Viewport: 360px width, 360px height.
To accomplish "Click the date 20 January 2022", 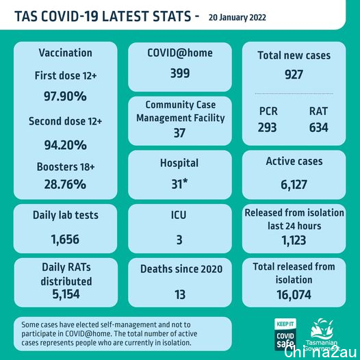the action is pos(237,18).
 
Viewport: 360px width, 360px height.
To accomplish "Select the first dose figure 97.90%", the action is pos(65,96).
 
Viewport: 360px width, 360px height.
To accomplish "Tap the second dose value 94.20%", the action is pos(66,145).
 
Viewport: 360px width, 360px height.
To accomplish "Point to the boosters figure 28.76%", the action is pos(65,184).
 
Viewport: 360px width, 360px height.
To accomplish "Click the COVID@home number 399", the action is pos(180,73).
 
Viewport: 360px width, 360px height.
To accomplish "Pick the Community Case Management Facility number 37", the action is pos(179,133).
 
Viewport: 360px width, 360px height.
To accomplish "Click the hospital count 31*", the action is pos(179,183).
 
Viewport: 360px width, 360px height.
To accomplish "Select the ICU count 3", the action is pos(179,240).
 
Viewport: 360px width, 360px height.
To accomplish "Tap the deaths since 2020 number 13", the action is pos(180,294).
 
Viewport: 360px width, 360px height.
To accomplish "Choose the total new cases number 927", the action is pos(294,75).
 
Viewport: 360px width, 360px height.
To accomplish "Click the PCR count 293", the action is pos(267,127).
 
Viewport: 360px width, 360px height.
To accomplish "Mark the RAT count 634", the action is pos(319,127).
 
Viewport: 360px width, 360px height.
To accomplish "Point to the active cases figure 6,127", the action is pos(294,185).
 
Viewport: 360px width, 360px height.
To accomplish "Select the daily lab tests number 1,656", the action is pos(65,240).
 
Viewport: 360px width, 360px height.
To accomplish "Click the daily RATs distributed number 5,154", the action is pos(66,294).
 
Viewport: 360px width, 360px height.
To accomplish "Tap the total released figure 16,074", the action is pos(294,294).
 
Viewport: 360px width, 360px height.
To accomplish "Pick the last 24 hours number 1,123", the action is pos(294,240).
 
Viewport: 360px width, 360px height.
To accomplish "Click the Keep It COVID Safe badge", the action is pos(285,334).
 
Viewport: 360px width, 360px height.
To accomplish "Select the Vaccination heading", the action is pos(66,53).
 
